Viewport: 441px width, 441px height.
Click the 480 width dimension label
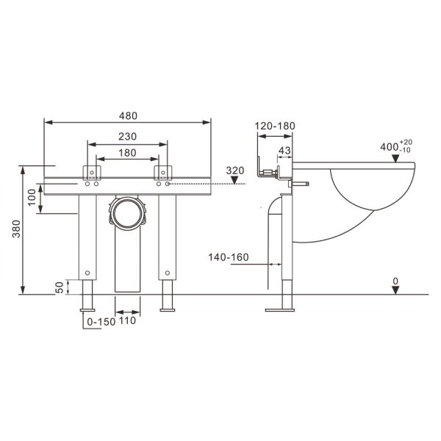[129, 116]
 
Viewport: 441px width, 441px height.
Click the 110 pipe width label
[129, 321]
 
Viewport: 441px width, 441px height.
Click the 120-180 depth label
[275, 126]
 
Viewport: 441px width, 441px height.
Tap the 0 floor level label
[395, 280]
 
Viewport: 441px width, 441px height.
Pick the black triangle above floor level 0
[395, 290]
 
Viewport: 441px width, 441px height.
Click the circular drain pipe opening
[129, 212]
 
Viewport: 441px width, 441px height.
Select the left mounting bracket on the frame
[93, 173]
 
